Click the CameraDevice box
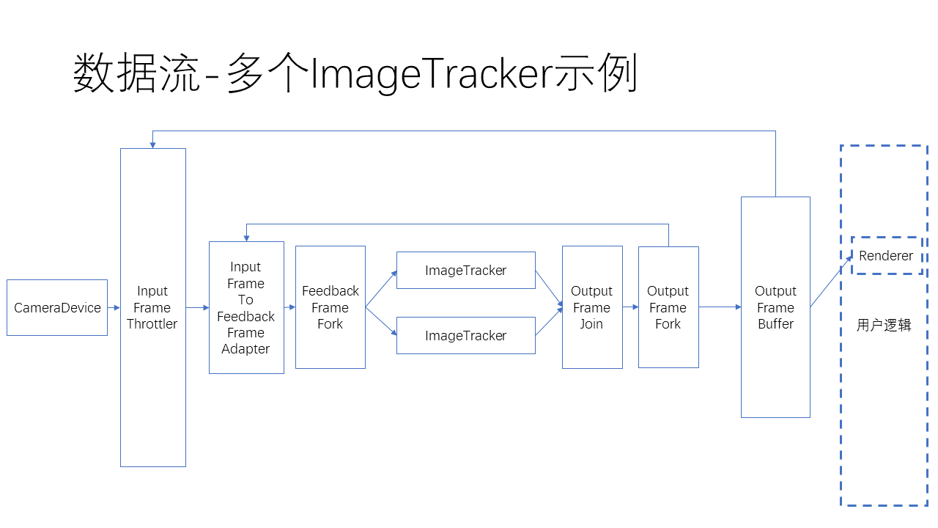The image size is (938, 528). tap(57, 308)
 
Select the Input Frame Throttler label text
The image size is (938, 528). tap(152, 308)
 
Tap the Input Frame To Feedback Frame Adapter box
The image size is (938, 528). tap(246, 308)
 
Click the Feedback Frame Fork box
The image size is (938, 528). tap(330, 308)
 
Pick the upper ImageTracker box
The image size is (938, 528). tap(465, 271)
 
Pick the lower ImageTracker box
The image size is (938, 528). tap(465, 336)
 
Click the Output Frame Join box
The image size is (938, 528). tap(591, 308)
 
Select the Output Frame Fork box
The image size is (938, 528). tap(668, 308)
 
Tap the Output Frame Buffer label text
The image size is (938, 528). tap(775, 308)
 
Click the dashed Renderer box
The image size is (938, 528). tap(886, 256)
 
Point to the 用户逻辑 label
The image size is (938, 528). tap(884, 325)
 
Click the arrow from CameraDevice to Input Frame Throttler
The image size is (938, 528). tap(114, 308)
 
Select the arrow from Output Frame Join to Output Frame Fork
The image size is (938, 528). tap(630, 308)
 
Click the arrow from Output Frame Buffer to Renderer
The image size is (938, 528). tap(831, 282)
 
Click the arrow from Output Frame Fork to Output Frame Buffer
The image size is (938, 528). tap(720, 308)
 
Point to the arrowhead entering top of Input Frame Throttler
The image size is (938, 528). tap(152, 144)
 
